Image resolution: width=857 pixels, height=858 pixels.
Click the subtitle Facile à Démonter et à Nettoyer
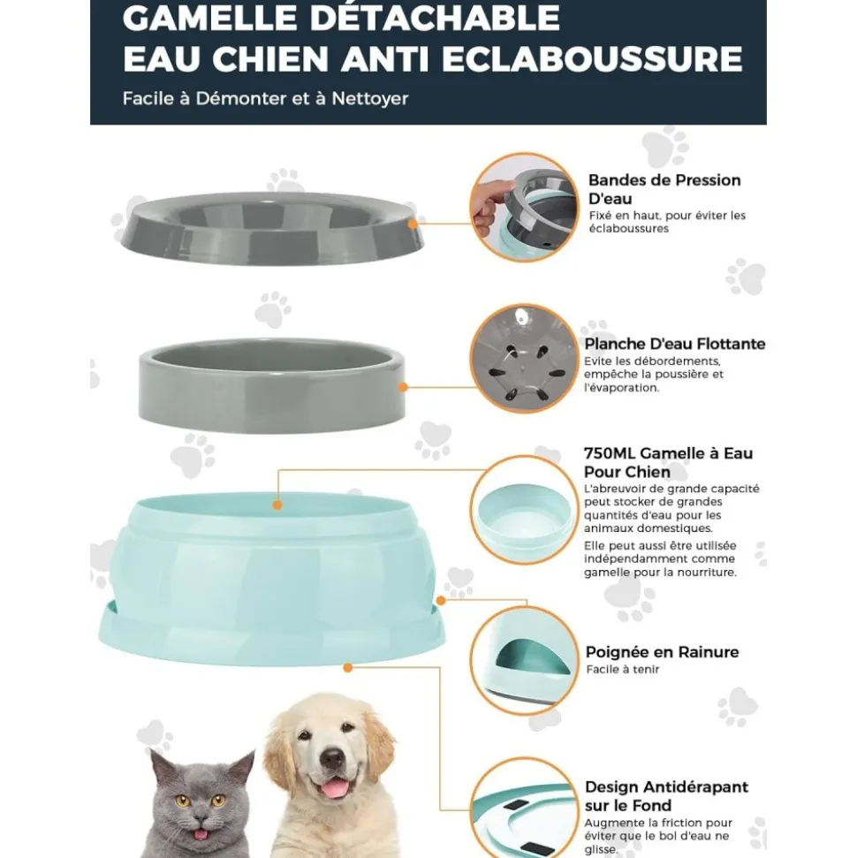click(x=265, y=98)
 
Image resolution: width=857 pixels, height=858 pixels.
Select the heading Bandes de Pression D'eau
click(x=664, y=189)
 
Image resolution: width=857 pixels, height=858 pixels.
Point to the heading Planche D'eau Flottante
click(x=674, y=344)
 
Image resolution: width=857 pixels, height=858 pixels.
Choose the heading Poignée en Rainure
click(x=662, y=652)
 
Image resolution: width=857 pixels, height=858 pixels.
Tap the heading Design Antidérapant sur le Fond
click(x=665, y=795)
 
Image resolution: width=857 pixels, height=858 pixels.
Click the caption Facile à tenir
click(x=622, y=670)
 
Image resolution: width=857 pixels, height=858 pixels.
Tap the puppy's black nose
click(x=332, y=759)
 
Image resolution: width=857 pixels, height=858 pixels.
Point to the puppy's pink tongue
click(x=333, y=787)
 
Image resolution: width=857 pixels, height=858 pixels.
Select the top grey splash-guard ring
click(x=268, y=227)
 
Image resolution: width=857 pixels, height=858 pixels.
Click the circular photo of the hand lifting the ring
click(x=522, y=207)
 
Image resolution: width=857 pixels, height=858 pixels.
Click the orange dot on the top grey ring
click(x=413, y=224)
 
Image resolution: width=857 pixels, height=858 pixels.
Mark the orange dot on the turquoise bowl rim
click(x=277, y=505)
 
